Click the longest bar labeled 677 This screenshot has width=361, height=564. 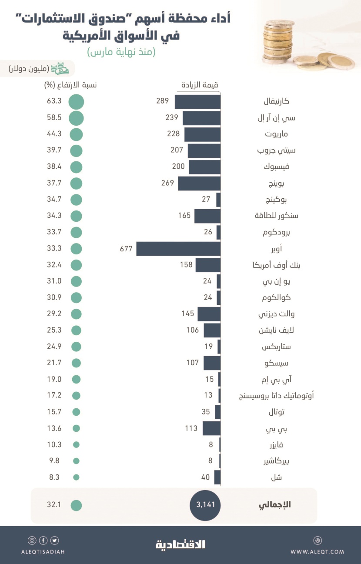178,249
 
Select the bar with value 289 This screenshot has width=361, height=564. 197,102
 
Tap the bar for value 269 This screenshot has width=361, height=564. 199,184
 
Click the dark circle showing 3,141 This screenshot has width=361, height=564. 205,505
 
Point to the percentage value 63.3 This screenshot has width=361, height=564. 54,102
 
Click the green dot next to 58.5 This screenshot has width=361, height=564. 76,118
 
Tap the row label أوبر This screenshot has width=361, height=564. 276,249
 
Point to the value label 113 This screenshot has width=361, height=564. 191,428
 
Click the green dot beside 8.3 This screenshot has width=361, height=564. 76,477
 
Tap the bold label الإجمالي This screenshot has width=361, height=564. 274,505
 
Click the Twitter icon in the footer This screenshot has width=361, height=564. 55,541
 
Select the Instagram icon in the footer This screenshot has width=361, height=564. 32,541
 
